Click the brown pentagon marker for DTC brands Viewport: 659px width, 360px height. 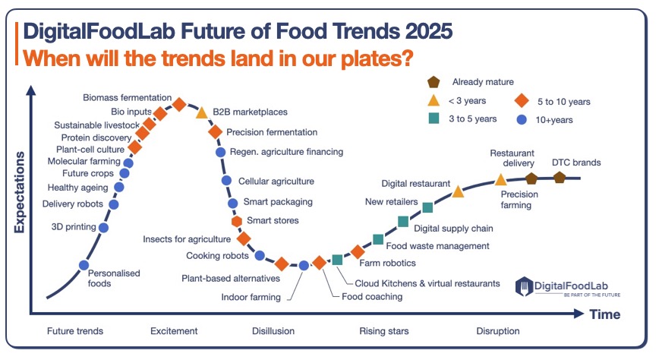(560, 177)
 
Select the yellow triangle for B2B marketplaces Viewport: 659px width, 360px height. (202, 112)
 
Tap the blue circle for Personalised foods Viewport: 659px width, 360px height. (84, 265)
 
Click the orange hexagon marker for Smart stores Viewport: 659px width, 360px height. (237, 221)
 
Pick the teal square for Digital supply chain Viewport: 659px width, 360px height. (403, 221)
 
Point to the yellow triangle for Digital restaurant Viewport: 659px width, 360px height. (459, 191)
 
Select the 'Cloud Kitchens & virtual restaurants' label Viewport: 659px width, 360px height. (427, 283)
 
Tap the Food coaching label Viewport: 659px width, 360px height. (372, 296)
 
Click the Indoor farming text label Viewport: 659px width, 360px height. (251, 297)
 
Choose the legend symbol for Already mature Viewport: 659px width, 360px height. (434, 82)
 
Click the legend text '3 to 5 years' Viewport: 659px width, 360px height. (474, 118)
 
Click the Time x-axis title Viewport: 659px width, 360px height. (604, 314)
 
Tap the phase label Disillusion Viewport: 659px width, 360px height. (273, 331)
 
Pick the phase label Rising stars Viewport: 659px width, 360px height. (383, 331)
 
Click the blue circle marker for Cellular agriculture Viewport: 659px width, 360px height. (226, 181)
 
